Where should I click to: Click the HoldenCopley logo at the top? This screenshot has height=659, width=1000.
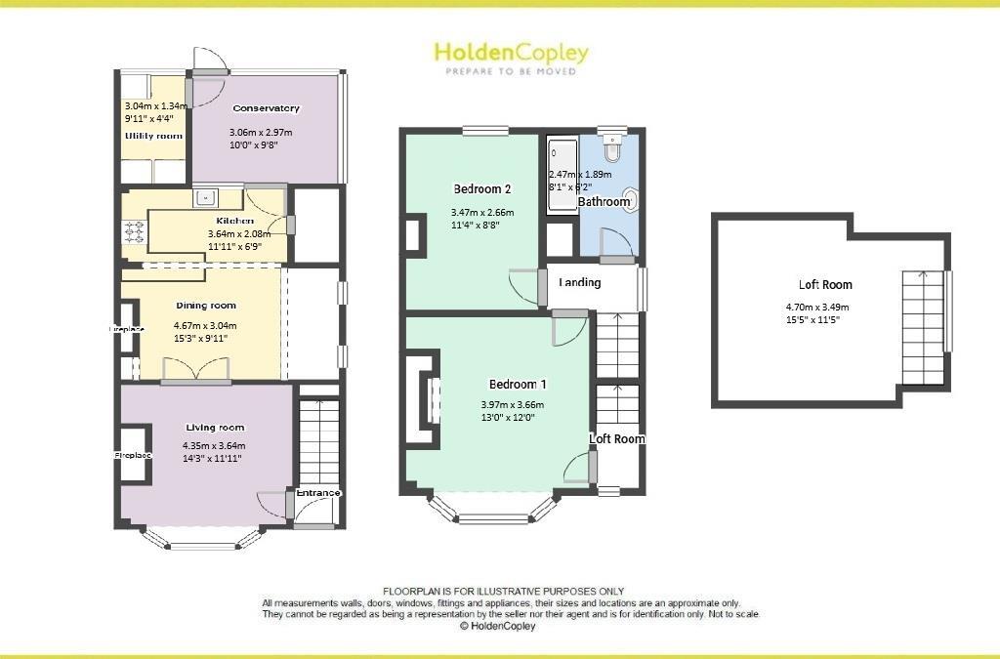(x=511, y=53)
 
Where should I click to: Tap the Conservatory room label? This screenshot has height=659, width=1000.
(x=266, y=108)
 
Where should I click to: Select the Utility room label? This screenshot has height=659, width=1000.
(x=153, y=136)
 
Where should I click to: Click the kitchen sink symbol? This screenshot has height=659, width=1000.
(x=206, y=198)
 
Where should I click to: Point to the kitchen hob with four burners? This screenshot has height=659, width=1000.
(x=134, y=233)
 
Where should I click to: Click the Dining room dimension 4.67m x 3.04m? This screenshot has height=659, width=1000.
(x=205, y=326)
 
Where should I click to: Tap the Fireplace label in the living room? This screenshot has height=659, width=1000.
(x=132, y=456)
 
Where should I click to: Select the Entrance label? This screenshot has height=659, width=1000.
(x=318, y=493)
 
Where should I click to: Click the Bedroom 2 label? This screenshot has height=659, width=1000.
(x=482, y=188)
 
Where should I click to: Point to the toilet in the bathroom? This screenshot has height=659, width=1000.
(x=612, y=149)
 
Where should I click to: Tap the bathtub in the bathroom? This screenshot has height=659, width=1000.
(x=562, y=176)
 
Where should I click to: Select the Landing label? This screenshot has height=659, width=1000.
(x=579, y=283)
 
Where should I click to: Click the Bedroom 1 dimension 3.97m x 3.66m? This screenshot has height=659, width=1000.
(x=512, y=405)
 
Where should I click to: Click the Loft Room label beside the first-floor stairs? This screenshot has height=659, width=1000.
(x=617, y=439)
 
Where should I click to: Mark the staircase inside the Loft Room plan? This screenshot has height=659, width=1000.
(x=922, y=327)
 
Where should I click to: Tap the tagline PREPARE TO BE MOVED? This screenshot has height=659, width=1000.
(x=511, y=72)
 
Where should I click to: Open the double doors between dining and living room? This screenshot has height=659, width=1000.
(x=196, y=370)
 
